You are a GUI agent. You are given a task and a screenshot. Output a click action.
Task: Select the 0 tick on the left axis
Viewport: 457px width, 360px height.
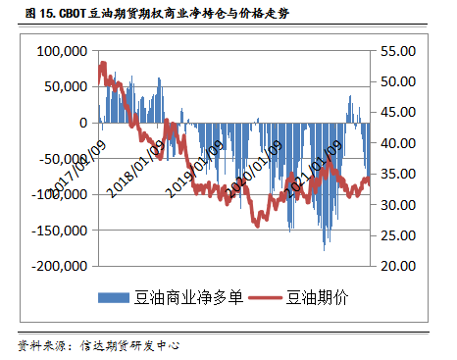pos(81,123)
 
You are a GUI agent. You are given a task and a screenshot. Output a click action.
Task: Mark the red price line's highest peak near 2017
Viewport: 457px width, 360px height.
pos(103,64)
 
